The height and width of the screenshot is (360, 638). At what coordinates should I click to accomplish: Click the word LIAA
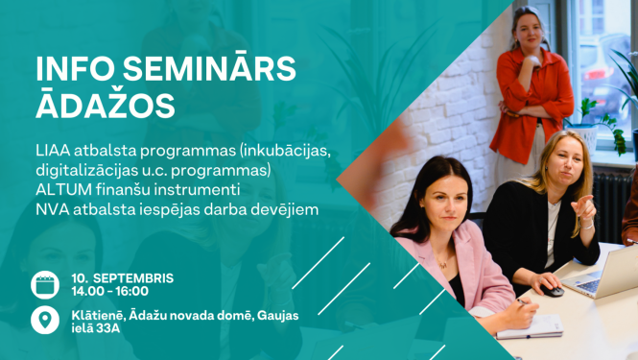coord(53,153)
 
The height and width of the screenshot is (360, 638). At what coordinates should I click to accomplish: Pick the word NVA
coord(51,208)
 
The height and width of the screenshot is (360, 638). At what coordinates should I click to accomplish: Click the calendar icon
coord(44,284)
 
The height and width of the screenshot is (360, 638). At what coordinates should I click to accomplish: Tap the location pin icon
coord(44,320)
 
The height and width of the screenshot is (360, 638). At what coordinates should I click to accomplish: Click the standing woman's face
coord(527,29)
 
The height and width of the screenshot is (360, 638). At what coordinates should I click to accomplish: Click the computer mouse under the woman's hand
coord(553,289)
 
